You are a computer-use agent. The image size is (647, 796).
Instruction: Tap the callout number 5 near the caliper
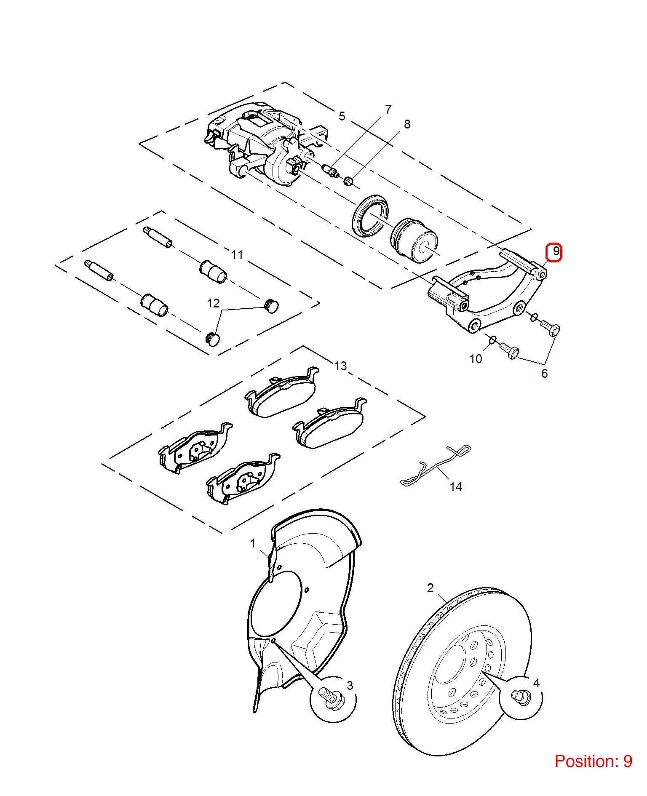point(342,116)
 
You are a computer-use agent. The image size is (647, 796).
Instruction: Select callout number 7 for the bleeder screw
point(388,110)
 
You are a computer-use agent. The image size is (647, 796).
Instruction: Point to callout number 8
point(407,124)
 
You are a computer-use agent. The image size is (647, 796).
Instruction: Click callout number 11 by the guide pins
point(237,255)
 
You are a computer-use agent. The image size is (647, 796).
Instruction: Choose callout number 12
point(213,303)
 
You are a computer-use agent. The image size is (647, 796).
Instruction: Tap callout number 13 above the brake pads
point(341,366)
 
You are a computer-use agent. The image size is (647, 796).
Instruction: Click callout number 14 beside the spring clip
point(456,487)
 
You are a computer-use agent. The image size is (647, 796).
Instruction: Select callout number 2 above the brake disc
point(430,588)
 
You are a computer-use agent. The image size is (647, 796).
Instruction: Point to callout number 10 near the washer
point(476,359)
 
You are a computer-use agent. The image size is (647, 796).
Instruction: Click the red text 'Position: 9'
point(593,761)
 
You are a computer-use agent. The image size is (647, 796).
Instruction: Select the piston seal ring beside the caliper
point(370,216)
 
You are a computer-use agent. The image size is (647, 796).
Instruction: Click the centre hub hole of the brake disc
point(449,664)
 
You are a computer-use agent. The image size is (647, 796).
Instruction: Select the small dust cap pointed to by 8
point(348,182)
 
